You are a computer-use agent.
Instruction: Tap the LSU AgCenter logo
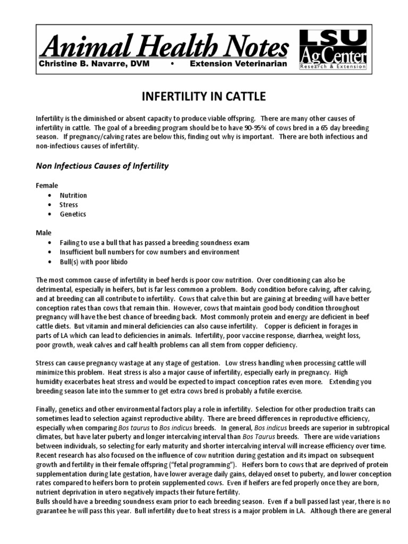pyautogui.click(x=333, y=49)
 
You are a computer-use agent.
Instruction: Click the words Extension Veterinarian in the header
pyautogui.click(x=239, y=64)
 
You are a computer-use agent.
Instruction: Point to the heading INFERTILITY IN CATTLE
pyautogui.click(x=203, y=97)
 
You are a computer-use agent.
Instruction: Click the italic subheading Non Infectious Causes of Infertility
pyautogui.click(x=102, y=166)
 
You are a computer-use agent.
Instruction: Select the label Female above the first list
pyautogui.click(x=47, y=186)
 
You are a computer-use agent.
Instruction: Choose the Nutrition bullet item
pyautogui.click(x=73, y=195)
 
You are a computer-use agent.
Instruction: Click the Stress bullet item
pyautogui.click(x=69, y=205)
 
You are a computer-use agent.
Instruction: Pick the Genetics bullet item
pyautogui.click(x=73, y=214)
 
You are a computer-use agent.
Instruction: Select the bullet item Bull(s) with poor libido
pyautogui.click(x=94, y=261)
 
